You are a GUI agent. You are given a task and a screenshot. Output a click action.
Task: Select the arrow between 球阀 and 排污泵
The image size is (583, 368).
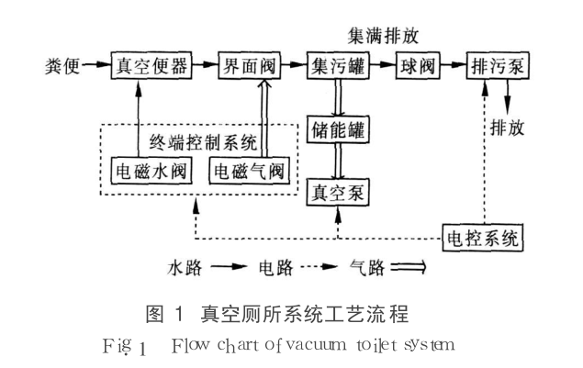[454, 68]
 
